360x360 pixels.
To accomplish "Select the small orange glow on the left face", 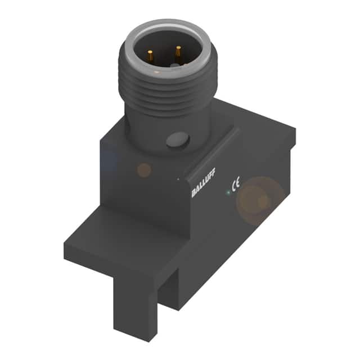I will click(x=144, y=169).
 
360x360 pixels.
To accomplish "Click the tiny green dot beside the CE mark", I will click(x=228, y=192).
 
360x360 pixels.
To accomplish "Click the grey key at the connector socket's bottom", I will click(x=175, y=67).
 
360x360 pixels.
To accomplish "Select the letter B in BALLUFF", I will click(x=194, y=195).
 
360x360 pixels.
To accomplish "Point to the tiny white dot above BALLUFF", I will click(x=178, y=179).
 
